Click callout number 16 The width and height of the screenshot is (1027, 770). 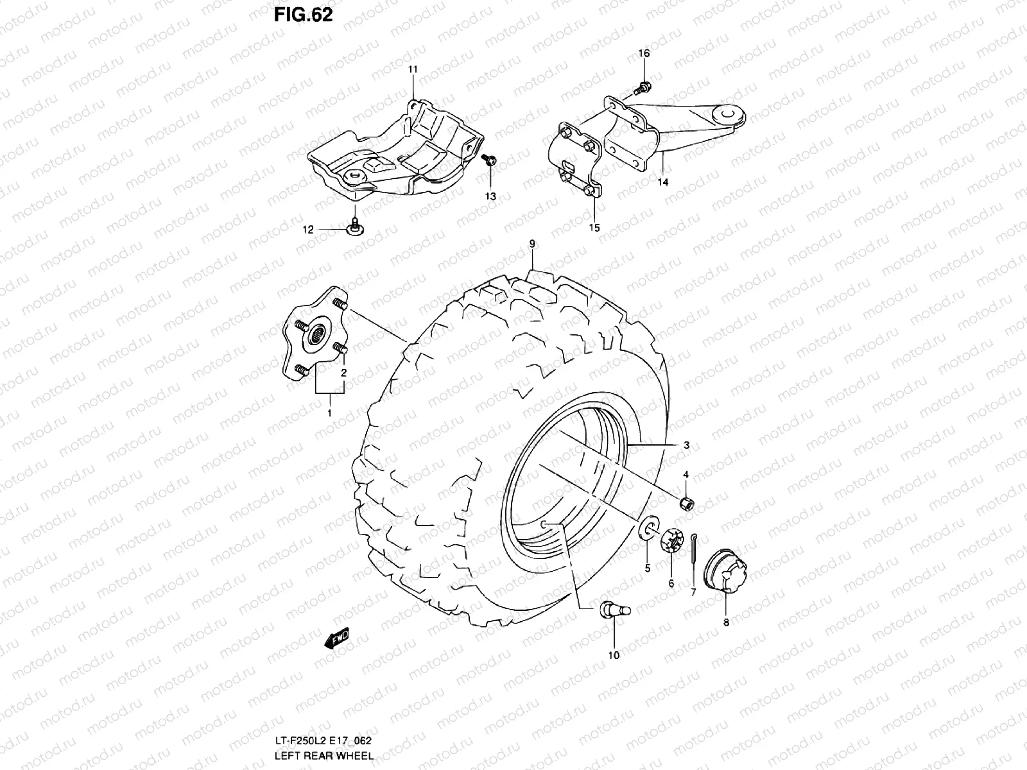pyautogui.click(x=644, y=53)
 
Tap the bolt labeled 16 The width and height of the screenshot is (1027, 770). pyautogui.click(x=644, y=87)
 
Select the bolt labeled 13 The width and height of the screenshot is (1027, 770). pyautogui.click(x=490, y=160)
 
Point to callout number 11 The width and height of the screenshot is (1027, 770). pyautogui.click(x=412, y=69)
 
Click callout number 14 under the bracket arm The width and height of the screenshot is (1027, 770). pyautogui.click(x=662, y=182)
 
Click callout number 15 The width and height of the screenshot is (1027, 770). pyautogui.click(x=594, y=227)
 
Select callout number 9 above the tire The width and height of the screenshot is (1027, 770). pyautogui.click(x=532, y=243)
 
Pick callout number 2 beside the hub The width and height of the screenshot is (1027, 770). pyautogui.click(x=344, y=373)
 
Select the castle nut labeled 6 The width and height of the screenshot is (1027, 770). pyautogui.click(x=671, y=540)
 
